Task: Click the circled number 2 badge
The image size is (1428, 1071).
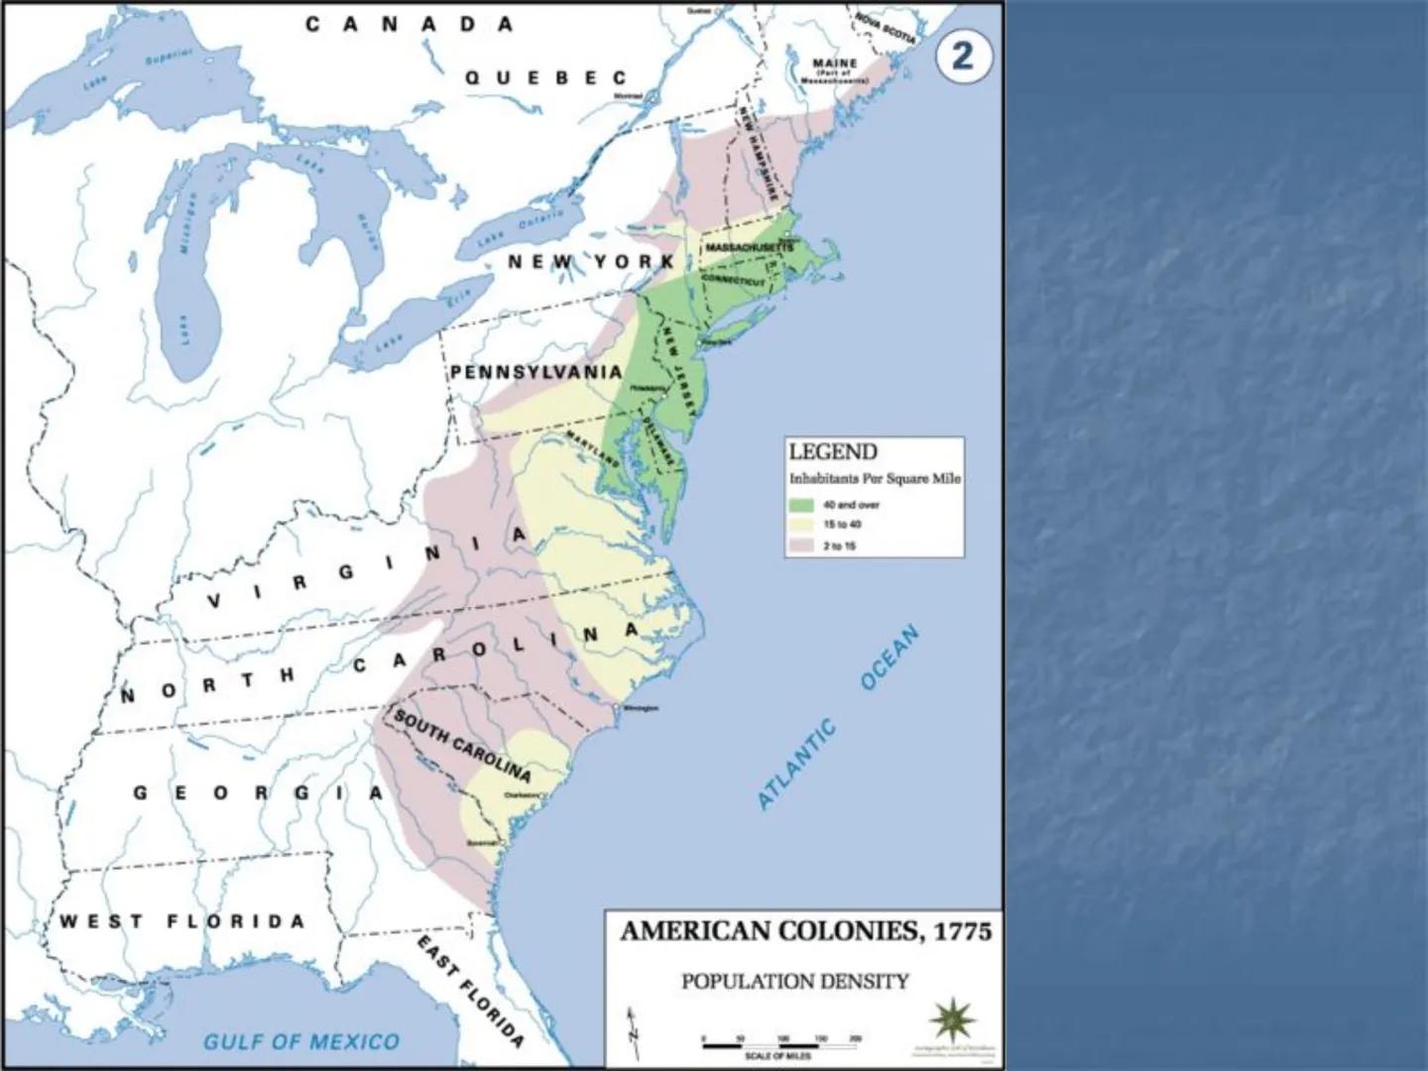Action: [x=962, y=56]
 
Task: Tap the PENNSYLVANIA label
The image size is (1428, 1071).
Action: [x=536, y=373]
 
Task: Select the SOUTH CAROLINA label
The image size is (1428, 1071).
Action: [x=463, y=745]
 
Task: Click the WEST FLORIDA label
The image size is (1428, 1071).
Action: [x=181, y=921]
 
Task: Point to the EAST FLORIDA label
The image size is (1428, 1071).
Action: [x=470, y=991]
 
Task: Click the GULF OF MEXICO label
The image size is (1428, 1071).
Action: [x=301, y=1041]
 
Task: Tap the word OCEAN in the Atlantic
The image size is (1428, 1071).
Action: [x=890, y=657]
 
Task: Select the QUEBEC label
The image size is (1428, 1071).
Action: [x=545, y=77]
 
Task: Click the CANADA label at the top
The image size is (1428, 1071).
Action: [x=410, y=25]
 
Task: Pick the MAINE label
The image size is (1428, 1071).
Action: [x=834, y=63]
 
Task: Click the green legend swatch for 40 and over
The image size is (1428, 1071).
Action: [x=801, y=505]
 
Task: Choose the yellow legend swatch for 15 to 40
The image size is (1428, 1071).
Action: [x=801, y=525]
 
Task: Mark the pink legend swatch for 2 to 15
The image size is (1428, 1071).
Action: [x=801, y=545]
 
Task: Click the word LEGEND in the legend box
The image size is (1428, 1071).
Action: [x=833, y=452]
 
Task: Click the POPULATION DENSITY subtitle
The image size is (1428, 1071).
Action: [x=794, y=982]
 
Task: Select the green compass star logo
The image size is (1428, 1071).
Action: [x=953, y=1020]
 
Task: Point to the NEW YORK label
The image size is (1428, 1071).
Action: [x=591, y=262]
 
